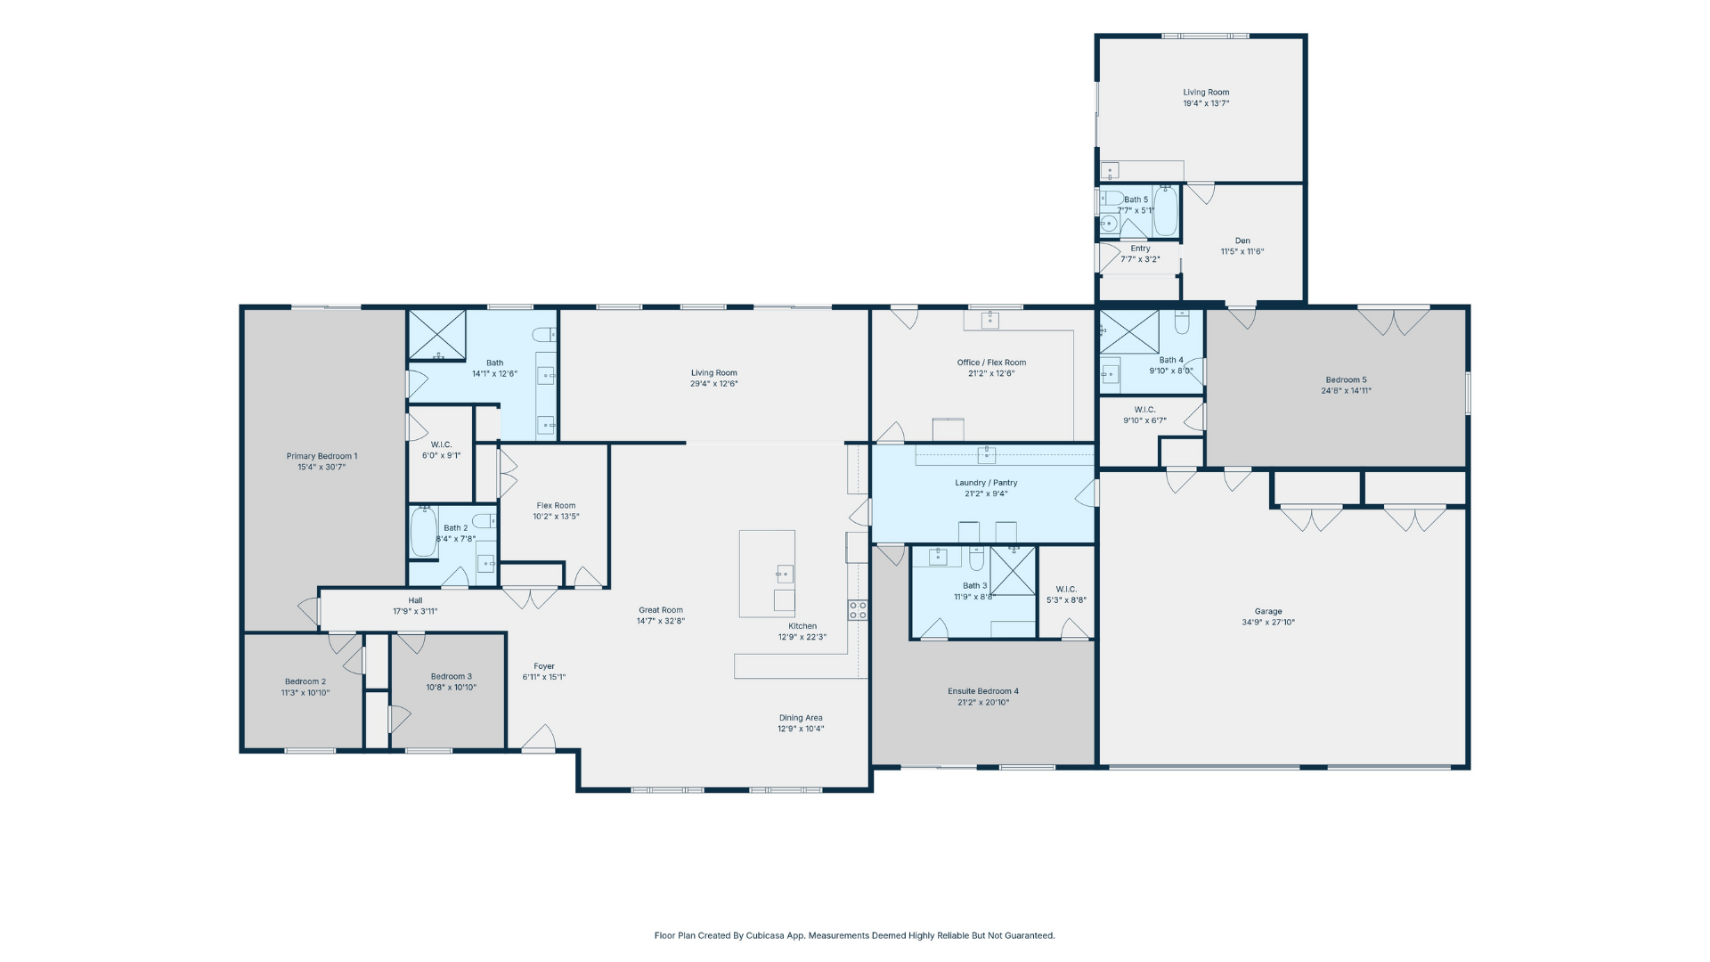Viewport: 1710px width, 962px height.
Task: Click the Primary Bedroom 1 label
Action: coord(322,456)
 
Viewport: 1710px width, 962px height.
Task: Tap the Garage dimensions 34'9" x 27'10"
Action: coord(1268,623)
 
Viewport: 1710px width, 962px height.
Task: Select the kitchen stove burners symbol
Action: coord(858,610)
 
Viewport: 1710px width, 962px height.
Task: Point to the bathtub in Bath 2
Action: coord(424,532)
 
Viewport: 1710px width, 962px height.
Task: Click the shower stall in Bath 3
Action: coord(1013,571)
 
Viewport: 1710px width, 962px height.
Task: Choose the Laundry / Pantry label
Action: coord(986,483)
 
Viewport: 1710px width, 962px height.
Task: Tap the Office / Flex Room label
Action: coord(991,363)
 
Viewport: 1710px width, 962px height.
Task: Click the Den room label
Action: coord(1242,240)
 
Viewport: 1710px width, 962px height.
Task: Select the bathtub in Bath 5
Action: coord(1166,211)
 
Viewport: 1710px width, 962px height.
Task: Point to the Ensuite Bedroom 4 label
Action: coord(983,691)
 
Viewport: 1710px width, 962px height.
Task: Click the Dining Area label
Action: coord(801,718)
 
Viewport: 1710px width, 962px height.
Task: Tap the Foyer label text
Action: coord(544,666)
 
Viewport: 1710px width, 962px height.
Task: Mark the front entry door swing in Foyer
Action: coord(540,738)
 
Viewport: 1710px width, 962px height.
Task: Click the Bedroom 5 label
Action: coord(1346,379)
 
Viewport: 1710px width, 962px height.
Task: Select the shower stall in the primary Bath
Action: coord(437,335)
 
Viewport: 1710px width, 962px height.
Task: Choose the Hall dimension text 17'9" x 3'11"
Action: coord(415,612)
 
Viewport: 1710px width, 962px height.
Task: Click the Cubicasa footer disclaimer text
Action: coord(855,935)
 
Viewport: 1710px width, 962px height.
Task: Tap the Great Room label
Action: coord(661,610)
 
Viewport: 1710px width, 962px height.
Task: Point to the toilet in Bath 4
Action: coord(1182,322)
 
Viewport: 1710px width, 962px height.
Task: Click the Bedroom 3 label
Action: coord(452,677)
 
